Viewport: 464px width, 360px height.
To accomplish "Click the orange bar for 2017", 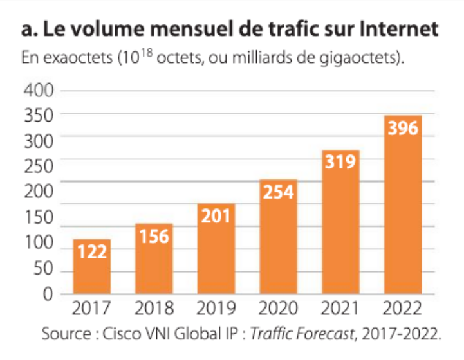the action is tap(92, 266).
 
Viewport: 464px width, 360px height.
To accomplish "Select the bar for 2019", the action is tap(216, 249).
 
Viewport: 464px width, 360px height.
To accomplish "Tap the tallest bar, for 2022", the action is tap(403, 204).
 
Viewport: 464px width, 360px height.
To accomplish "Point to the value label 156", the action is tap(154, 237).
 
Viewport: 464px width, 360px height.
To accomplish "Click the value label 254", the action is tap(279, 192).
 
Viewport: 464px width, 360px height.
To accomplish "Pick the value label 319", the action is tap(340, 161).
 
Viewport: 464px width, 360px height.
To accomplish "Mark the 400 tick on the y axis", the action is tap(39, 90).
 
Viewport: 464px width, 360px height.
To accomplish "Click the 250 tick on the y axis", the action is tap(39, 166).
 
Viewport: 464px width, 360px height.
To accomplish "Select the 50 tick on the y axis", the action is tap(44, 269).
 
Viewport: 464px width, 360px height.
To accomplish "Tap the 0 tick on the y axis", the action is tap(48, 294).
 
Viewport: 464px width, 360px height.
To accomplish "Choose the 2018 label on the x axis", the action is tap(154, 309).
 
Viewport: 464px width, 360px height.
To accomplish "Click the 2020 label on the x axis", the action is tap(278, 309).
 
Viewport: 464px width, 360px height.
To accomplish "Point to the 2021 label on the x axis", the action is tap(340, 309).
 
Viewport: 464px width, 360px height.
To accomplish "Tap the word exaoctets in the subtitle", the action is tap(78, 58).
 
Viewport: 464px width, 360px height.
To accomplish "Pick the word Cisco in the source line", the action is tap(122, 334).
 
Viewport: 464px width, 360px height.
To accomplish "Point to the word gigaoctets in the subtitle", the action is tap(358, 58).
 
